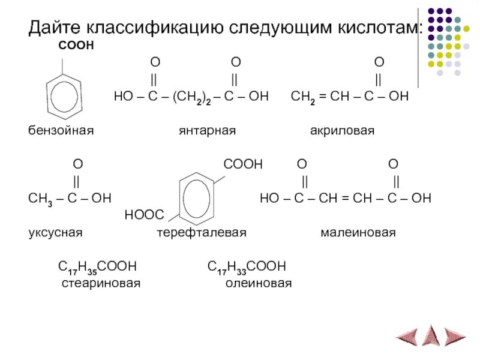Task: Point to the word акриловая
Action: pos(342,130)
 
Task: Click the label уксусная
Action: pos(55,232)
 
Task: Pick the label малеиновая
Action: pos(358,232)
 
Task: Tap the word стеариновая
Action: pos(101,283)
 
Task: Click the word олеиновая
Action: pos(259,283)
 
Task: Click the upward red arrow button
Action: pos(431,335)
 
